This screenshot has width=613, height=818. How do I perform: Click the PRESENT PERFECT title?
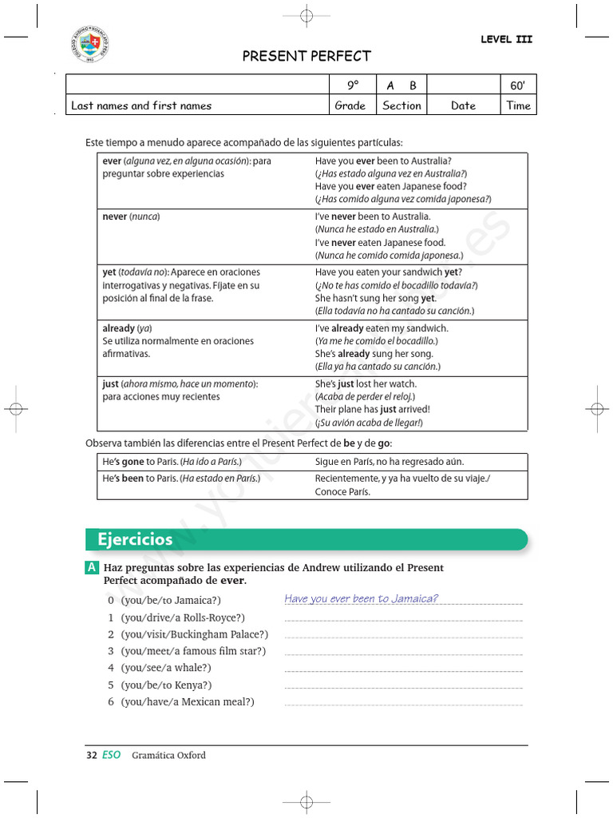pos(306,56)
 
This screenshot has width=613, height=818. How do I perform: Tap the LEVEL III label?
pos(506,39)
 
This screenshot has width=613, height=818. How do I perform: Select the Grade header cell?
pos(350,105)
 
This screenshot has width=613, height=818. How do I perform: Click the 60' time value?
pos(517,85)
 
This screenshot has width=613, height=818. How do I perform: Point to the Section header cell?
pos(401,105)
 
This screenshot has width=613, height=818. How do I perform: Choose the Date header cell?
pos(463,105)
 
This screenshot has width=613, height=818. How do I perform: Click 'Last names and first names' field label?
pos(141,105)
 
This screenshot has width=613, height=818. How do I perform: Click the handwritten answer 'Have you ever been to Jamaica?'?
pos(361,599)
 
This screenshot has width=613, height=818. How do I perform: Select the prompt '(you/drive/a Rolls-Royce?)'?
pos(183,617)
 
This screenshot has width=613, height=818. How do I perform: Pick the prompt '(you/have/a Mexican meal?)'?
pos(188,701)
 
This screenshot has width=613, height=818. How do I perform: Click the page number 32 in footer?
pos(91,755)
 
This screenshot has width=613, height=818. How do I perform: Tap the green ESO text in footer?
pos(112,755)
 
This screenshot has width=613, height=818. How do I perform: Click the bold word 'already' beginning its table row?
pos(119,328)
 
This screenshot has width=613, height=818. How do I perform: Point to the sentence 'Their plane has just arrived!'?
pos(372,410)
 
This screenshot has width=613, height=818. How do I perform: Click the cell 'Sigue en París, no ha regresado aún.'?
pos(389,462)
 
